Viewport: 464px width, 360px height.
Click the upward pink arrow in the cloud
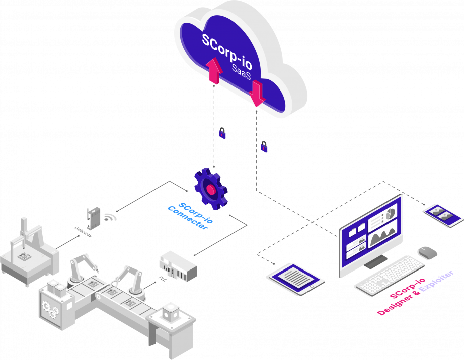pos(214,71)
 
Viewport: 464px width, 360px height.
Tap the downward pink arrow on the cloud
pos(257,94)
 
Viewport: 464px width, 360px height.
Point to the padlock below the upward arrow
pos(222,133)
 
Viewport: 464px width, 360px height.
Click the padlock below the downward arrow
pos(264,147)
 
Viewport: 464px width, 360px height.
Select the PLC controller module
pos(178,266)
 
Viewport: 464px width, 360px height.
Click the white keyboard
pos(391,275)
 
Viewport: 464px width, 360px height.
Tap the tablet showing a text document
pos(297,278)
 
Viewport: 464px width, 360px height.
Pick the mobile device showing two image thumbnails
pos(442,215)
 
